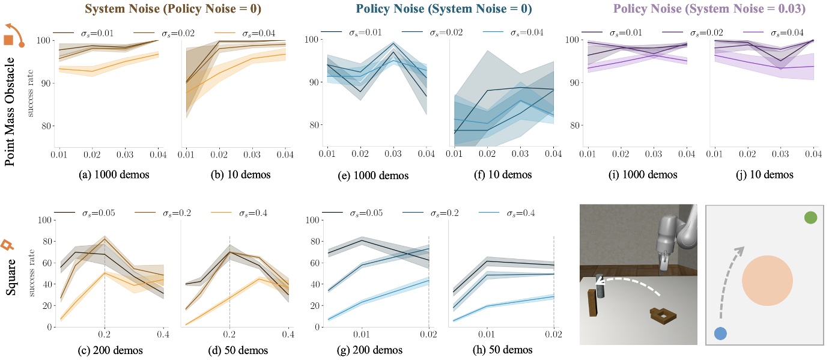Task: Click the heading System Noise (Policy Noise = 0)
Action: coord(165,10)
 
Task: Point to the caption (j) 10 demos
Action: coord(763,175)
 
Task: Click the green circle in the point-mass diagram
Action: coord(810,218)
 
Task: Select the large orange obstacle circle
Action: coord(767,281)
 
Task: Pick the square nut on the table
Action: coord(663,314)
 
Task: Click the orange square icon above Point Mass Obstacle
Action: coord(9,40)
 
